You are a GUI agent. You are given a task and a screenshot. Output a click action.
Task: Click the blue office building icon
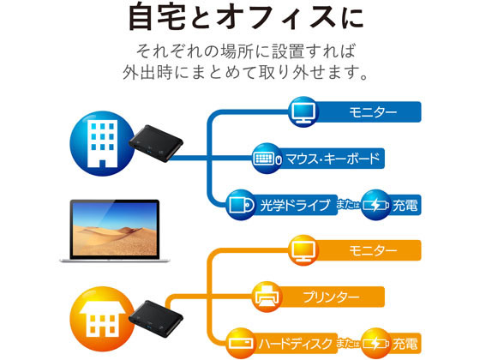point(102,143)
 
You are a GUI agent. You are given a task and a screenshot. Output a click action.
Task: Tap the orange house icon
point(102,319)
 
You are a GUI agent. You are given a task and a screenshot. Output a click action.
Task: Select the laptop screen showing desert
point(115,229)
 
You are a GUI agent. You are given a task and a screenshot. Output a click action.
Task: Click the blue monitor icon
point(303,112)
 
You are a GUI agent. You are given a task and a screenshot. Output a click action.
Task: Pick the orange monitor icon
point(303,250)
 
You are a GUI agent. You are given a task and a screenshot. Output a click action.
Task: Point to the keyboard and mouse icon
point(267,159)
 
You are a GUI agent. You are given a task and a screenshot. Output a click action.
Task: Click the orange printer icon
point(267,297)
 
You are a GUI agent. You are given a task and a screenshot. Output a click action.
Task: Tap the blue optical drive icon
point(242,205)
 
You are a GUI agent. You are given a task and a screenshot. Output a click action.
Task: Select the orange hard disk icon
point(242,343)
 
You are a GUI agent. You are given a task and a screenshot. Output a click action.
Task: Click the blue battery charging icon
point(375,205)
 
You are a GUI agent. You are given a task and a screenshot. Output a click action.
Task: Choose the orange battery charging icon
point(375,343)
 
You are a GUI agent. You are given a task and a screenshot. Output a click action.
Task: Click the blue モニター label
point(373,112)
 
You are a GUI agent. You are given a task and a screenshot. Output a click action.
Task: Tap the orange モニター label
point(373,250)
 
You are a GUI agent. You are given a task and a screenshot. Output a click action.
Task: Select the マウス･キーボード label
point(333,159)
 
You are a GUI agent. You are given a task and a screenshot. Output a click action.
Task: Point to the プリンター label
point(331,297)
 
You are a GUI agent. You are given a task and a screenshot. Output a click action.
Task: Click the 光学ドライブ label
point(296,205)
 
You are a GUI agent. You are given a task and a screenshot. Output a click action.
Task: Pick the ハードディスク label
point(296,344)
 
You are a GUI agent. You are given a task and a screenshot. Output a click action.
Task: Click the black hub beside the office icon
point(156,143)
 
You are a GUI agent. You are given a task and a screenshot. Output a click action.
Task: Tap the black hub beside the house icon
point(156,319)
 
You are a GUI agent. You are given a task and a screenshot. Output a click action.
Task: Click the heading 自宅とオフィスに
point(246,17)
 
